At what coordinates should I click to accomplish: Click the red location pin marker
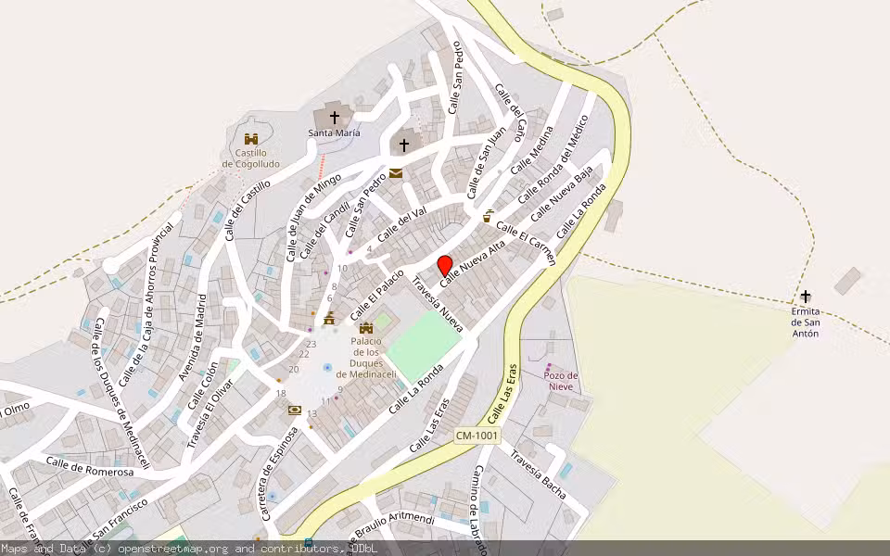click(x=444, y=264)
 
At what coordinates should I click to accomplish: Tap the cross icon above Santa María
click(x=334, y=118)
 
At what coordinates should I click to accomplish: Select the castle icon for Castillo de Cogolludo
click(x=250, y=138)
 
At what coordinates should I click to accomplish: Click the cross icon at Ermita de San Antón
click(x=806, y=297)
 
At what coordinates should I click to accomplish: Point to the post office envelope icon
click(x=396, y=173)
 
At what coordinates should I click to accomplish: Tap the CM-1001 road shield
click(x=477, y=436)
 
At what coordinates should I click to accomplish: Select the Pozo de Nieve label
click(x=561, y=381)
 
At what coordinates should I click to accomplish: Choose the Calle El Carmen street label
click(x=526, y=243)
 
